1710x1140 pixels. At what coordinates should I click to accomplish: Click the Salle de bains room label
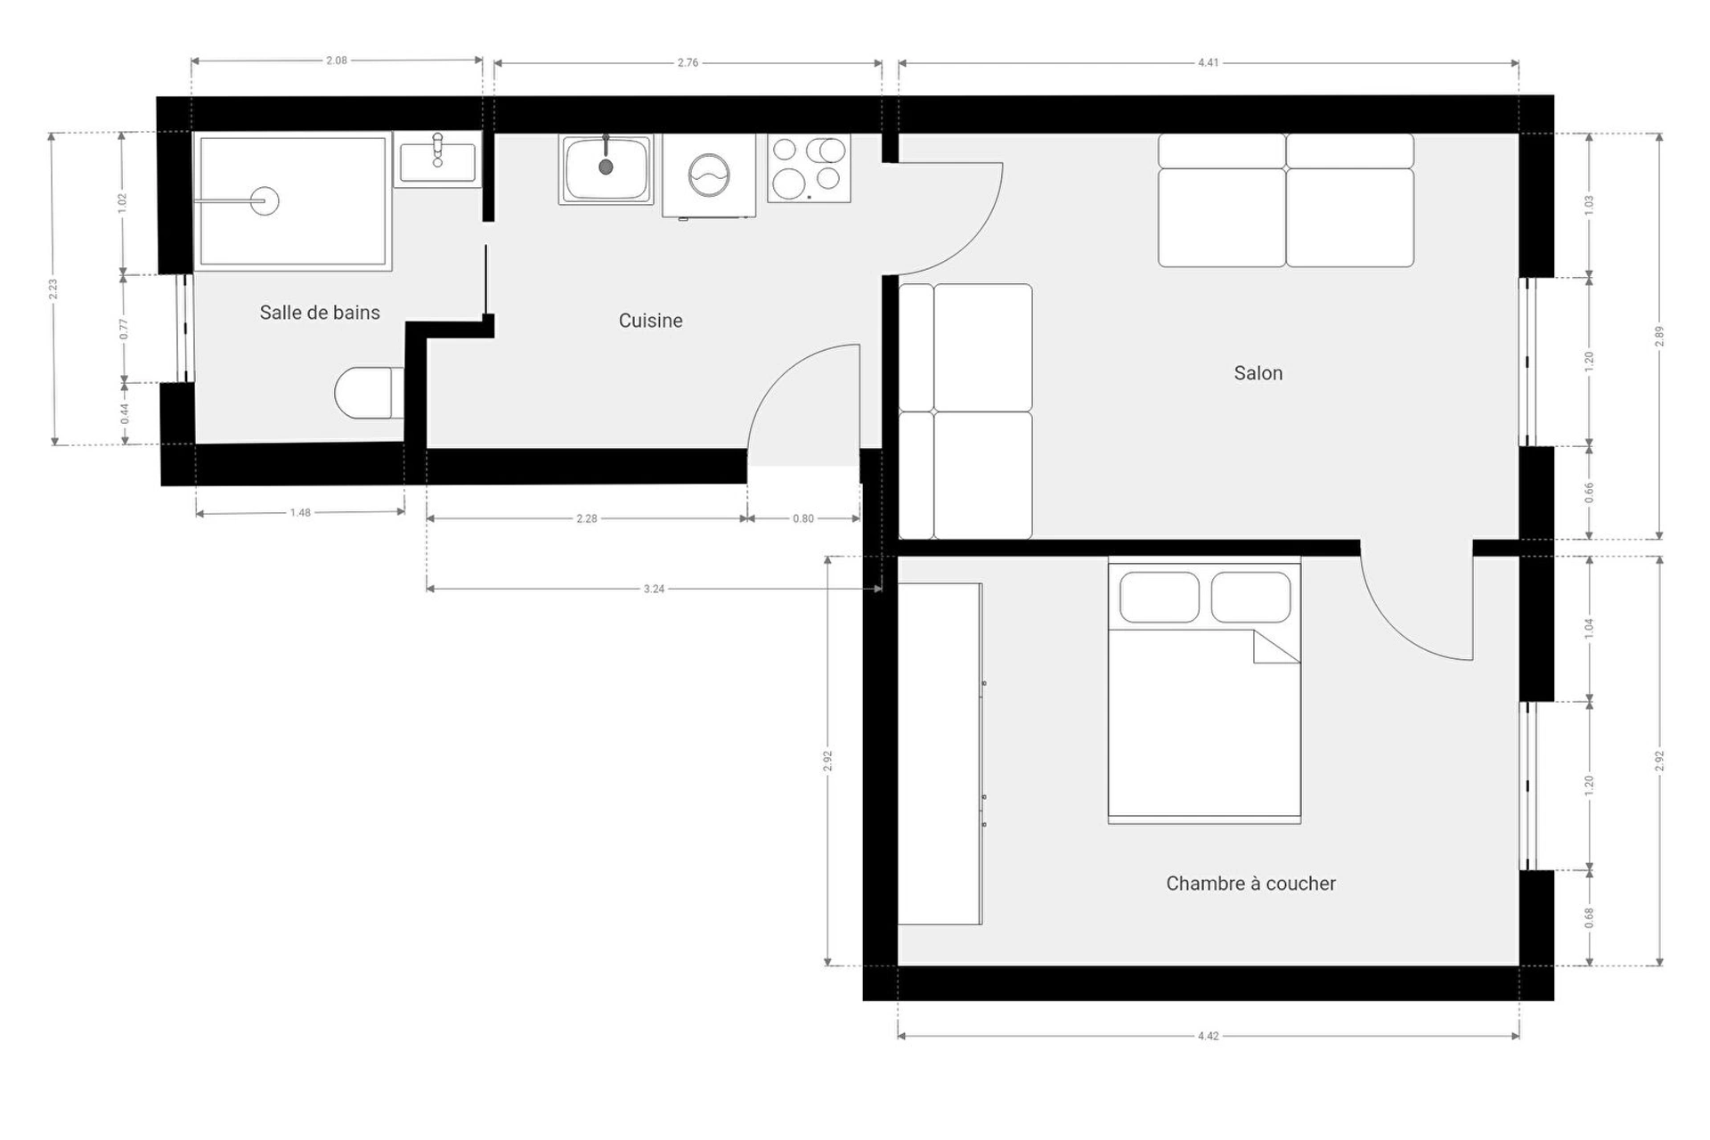320,313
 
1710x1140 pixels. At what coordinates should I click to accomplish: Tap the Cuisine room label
650,321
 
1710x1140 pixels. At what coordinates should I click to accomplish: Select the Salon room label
1258,373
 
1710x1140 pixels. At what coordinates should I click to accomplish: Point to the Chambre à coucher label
1250,883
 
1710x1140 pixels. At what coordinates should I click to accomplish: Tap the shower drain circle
265,201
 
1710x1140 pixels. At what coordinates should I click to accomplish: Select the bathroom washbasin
437,160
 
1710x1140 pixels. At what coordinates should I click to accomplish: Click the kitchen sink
606,169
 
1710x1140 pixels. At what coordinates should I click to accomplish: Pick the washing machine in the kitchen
709,175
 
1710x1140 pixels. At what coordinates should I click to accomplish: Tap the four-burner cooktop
809,168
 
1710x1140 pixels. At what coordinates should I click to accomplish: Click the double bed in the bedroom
1204,690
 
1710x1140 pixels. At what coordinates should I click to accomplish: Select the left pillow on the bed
1160,597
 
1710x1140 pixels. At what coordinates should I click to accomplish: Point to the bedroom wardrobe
940,753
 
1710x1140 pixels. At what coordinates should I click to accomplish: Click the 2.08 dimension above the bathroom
337,61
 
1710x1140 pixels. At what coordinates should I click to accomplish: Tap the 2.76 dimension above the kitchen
688,63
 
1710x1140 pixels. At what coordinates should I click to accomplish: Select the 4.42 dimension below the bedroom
1208,1036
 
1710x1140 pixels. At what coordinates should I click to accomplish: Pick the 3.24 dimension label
654,589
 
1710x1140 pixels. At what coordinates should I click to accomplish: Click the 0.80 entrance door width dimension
803,518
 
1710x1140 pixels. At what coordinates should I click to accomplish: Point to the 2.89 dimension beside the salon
1659,336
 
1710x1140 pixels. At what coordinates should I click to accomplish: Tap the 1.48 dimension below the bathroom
300,513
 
